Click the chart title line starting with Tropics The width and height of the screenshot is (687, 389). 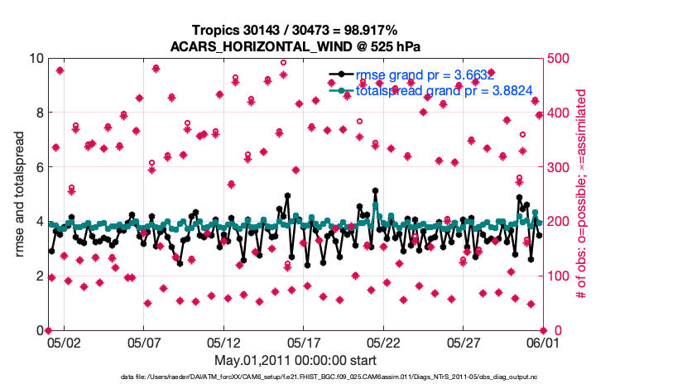tap(295, 31)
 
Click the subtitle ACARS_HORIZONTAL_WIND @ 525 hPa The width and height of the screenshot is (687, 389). tap(295, 46)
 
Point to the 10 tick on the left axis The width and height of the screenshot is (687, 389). tap(36, 59)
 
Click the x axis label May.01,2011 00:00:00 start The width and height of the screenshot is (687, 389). tap(295, 360)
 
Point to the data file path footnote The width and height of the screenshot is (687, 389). tap(295, 377)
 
